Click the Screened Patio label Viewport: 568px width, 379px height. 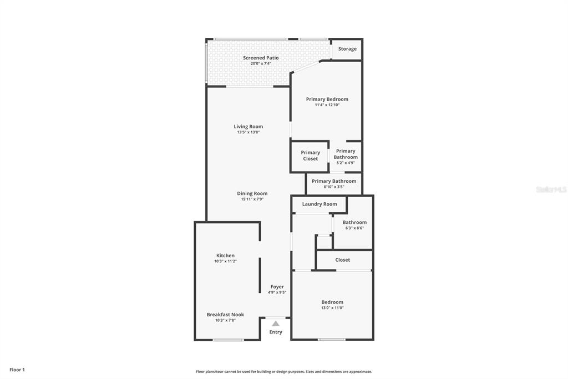[x=261, y=58]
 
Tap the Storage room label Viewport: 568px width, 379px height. [x=347, y=49]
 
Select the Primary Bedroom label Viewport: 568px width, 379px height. [x=327, y=99]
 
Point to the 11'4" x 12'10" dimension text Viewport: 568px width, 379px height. [x=327, y=105]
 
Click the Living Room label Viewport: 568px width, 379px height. [x=248, y=127]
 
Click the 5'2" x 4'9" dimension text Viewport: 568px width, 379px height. [x=346, y=163]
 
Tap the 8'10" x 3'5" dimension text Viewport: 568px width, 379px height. [x=334, y=187]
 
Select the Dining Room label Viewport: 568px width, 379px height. [x=252, y=193]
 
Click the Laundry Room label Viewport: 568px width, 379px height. [x=319, y=204]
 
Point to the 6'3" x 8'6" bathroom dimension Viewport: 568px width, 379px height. [x=354, y=228]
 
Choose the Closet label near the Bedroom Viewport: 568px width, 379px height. [x=343, y=260]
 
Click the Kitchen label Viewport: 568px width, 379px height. [x=225, y=256]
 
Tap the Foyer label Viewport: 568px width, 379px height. [x=277, y=287]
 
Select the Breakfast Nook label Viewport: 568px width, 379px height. [x=225, y=315]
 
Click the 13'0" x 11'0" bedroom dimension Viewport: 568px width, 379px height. [x=332, y=308]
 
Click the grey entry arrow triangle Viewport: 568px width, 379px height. [x=276, y=323]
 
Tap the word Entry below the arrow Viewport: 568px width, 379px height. [x=276, y=332]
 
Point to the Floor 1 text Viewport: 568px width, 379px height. [x=17, y=370]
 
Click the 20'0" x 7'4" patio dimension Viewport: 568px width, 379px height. [x=261, y=63]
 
